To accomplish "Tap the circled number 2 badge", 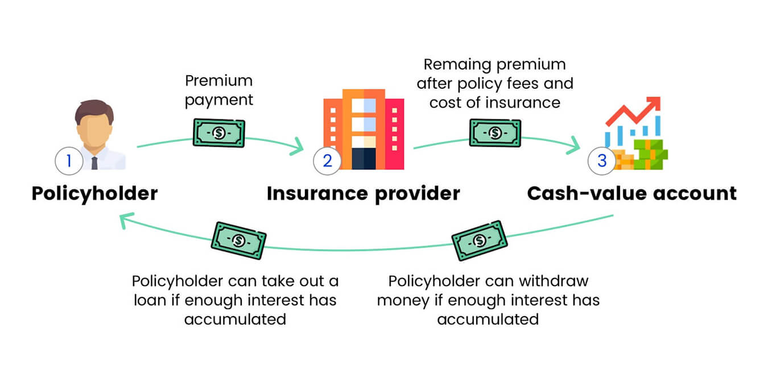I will [x=327, y=161].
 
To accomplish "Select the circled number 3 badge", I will [x=602, y=161].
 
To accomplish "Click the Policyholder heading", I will [x=94, y=193].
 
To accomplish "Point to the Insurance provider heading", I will [x=363, y=193].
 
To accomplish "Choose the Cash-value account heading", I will [x=631, y=193].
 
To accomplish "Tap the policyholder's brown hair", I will [x=94, y=109].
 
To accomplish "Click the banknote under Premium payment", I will [x=219, y=133].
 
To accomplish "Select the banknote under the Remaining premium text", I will [x=495, y=133].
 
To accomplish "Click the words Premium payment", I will [x=219, y=90].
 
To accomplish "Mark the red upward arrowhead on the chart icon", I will [x=654, y=103].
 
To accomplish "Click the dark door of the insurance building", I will [x=363, y=158].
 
